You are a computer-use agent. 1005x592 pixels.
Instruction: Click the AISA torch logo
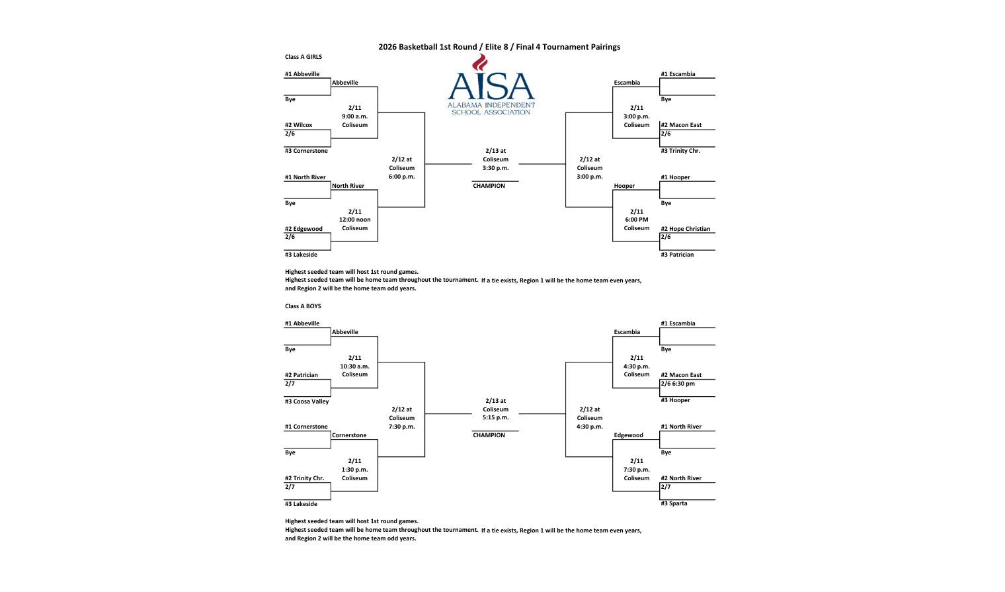pyautogui.click(x=491, y=85)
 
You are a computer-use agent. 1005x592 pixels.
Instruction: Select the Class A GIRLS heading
pyautogui.click(x=303, y=57)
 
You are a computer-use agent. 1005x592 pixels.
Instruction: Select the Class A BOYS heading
pyautogui.click(x=303, y=306)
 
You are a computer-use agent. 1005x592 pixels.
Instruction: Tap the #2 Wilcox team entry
pyautogui.click(x=299, y=125)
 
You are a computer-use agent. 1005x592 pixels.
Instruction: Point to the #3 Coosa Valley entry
pyautogui.click(x=307, y=402)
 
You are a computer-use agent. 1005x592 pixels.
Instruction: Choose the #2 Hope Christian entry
pyautogui.click(x=686, y=229)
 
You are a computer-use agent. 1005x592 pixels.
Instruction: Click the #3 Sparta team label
pyautogui.click(x=674, y=503)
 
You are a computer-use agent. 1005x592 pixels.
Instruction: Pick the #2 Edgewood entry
pyautogui.click(x=304, y=229)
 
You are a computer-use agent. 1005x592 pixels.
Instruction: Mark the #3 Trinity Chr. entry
pyautogui.click(x=680, y=151)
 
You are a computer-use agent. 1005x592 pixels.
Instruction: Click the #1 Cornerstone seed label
pyautogui.click(x=306, y=427)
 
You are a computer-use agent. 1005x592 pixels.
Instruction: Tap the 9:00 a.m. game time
pyautogui.click(x=354, y=116)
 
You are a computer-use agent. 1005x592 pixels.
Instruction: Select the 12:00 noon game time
pyautogui.click(x=354, y=220)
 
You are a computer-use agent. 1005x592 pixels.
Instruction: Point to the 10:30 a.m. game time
pyautogui.click(x=354, y=366)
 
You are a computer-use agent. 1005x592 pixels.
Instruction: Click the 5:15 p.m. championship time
pyautogui.click(x=495, y=417)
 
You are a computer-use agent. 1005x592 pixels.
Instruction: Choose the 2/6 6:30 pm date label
pyautogui.click(x=678, y=384)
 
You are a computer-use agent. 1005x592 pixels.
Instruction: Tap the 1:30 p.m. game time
pyautogui.click(x=354, y=470)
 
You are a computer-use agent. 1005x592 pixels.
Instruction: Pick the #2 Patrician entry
pyautogui.click(x=301, y=375)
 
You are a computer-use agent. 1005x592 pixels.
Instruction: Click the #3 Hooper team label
pyautogui.click(x=675, y=400)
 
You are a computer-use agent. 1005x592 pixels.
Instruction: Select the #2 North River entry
pyautogui.click(x=681, y=478)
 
